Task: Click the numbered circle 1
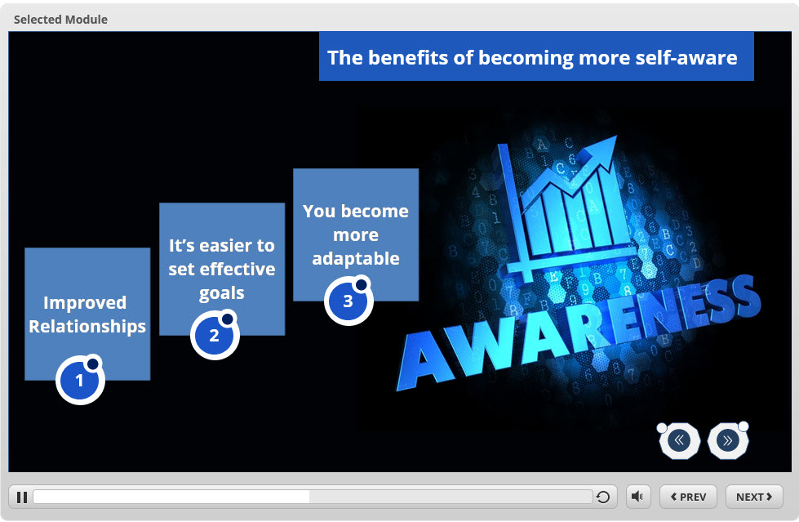pos(80,380)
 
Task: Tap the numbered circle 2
pos(215,335)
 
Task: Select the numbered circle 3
pos(348,301)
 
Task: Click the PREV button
pos(688,497)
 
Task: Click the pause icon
pos(22,497)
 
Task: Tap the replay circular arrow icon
pos(603,497)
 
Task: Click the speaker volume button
pos(637,497)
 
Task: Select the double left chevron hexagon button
pos(679,440)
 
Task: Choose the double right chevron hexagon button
pos(728,440)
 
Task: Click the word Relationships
pos(87,327)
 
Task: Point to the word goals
pos(222,293)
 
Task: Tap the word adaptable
pos(356,259)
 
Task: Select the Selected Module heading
pos(60,20)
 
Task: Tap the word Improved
pos(85,303)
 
